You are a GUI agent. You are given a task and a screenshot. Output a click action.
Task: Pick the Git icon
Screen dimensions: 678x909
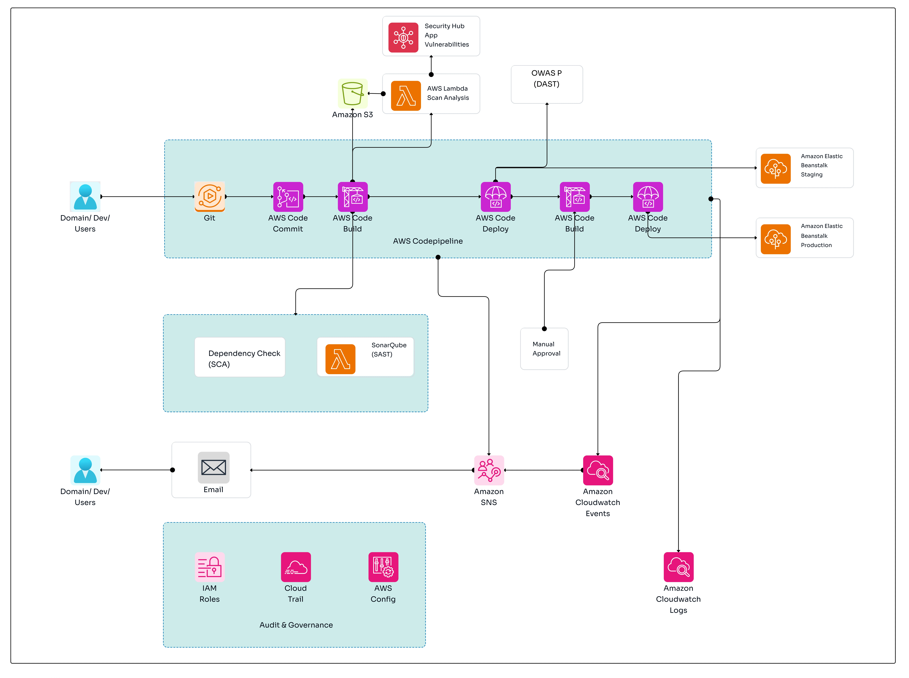point(209,197)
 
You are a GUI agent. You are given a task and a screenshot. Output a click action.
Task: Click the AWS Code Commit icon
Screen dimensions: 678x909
point(288,197)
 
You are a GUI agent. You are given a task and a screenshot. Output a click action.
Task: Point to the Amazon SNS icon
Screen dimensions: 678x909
point(489,470)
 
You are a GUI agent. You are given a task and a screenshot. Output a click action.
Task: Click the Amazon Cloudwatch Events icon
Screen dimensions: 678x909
point(598,470)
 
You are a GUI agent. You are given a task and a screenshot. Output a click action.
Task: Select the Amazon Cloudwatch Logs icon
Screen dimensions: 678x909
point(678,567)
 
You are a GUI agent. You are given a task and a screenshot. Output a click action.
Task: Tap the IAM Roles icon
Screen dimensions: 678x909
point(209,567)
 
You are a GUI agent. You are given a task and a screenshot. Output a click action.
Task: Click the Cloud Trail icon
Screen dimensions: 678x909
point(296,567)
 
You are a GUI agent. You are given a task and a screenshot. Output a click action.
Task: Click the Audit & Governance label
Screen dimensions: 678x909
point(296,625)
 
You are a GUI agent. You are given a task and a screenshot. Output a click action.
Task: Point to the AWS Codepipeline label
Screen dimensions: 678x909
point(428,241)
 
